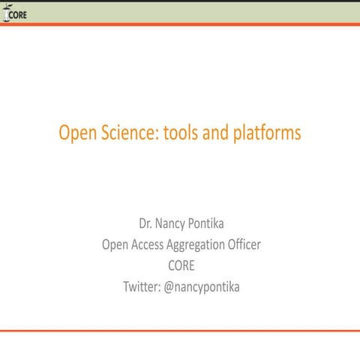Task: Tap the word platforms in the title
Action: click(271, 134)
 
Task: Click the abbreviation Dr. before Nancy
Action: click(147, 223)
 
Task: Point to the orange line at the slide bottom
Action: click(180, 330)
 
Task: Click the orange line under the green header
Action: click(180, 25)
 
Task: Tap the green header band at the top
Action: click(180, 12)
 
